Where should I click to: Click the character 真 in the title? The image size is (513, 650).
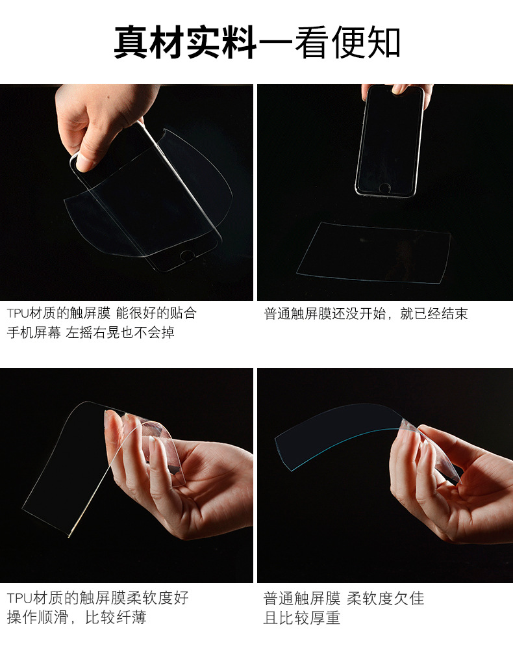[131, 42]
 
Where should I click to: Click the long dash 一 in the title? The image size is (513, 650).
[275, 42]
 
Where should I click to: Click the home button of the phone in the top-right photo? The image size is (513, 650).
[384, 188]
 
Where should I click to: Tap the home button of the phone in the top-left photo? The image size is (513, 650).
[188, 255]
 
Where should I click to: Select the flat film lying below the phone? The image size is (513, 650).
[373, 253]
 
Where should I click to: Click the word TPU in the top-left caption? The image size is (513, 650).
[18, 313]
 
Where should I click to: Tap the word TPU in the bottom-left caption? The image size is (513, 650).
[19, 598]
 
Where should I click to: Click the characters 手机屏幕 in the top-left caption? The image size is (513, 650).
[34, 332]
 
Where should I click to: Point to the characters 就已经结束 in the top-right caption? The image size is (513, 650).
[434, 314]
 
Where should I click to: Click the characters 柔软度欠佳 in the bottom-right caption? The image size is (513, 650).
[386, 599]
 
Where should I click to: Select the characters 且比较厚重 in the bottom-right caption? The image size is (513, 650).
[302, 618]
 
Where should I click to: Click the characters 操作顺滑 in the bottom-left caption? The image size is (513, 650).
[38, 617]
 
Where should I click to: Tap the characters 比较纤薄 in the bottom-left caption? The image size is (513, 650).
[116, 617]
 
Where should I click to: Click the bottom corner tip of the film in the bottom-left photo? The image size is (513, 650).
[69, 538]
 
